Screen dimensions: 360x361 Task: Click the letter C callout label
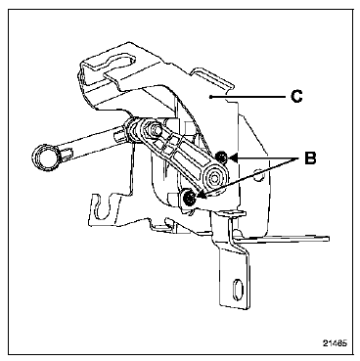(x=296, y=96)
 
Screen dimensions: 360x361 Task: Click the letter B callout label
(x=310, y=158)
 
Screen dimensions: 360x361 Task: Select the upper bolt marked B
(x=223, y=158)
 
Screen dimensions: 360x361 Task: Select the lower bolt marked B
(x=189, y=198)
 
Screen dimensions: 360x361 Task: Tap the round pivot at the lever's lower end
(x=214, y=178)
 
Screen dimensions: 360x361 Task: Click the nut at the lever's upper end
(x=154, y=128)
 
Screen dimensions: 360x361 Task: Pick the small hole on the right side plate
(x=259, y=175)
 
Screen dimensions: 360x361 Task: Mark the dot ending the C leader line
(x=211, y=97)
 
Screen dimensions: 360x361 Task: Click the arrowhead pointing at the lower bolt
(x=201, y=196)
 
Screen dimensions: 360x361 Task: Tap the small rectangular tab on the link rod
(x=67, y=152)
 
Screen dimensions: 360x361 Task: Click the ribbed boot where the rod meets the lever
(x=132, y=129)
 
